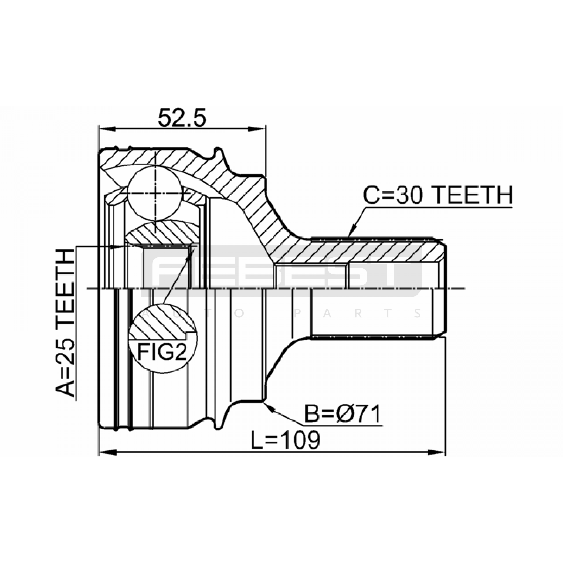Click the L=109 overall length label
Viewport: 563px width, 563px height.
[x=285, y=440]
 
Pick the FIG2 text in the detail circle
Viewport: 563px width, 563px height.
[x=162, y=352]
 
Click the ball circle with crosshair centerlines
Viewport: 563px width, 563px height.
[x=155, y=193]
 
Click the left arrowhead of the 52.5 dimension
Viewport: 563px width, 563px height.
[x=106, y=129]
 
